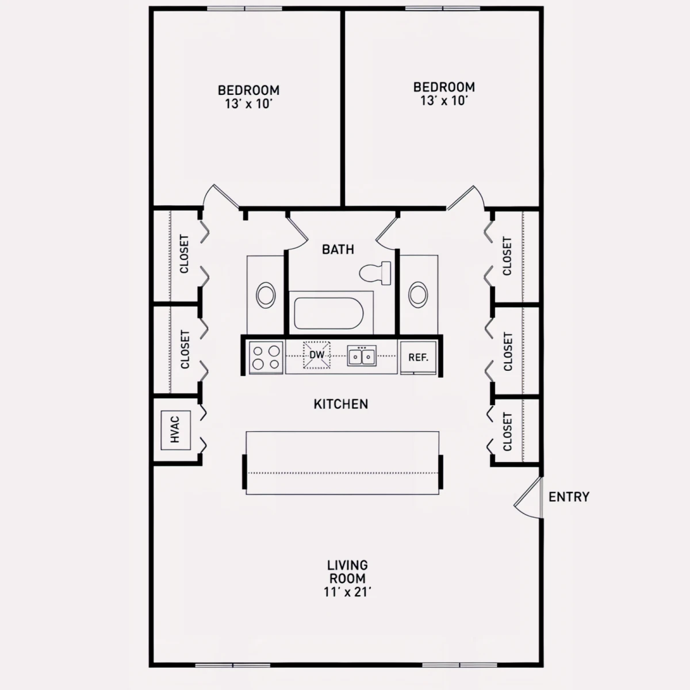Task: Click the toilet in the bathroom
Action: (375, 273)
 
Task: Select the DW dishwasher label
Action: (317, 355)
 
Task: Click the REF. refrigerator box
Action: (418, 357)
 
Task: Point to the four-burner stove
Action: (266, 357)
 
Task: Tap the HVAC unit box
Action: (175, 430)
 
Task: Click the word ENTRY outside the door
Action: (569, 497)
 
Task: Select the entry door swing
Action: (528, 498)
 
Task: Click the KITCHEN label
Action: (341, 404)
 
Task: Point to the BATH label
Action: (338, 249)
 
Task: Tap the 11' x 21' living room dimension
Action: (347, 592)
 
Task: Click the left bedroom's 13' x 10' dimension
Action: (248, 104)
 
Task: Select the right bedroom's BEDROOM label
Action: (444, 87)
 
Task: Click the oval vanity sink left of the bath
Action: (266, 295)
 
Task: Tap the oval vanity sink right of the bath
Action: (418, 295)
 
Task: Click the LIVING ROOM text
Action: (347, 572)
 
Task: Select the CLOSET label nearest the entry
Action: (507, 431)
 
